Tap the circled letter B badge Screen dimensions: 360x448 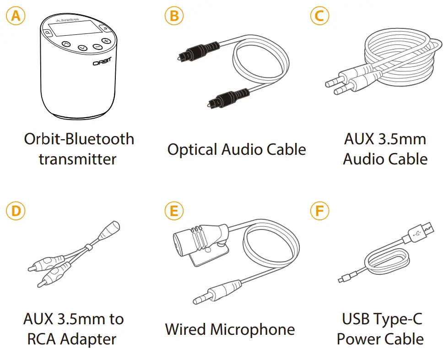(173, 16)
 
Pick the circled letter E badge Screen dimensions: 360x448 (173, 211)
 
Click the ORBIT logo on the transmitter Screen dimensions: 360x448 (102, 63)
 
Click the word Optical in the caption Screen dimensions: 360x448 (192, 150)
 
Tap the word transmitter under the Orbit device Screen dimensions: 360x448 (77, 159)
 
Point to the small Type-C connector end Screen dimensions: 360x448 (344, 278)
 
